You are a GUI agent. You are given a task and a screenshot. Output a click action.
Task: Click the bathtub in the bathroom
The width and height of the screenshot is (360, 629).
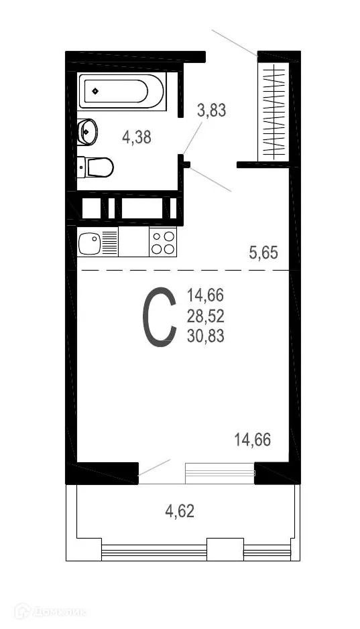click(123, 91)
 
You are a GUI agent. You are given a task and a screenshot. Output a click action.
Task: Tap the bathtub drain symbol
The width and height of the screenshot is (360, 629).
click(96, 91)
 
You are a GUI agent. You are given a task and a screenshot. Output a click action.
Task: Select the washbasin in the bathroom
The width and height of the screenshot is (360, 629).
click(87, 131)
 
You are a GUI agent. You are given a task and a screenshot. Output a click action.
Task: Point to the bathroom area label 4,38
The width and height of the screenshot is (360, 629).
click(136, 137)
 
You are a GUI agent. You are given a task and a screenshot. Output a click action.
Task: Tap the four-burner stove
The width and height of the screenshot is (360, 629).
click(162, 242)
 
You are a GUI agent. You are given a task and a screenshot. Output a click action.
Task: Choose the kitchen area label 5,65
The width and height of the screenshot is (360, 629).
click(263, 253)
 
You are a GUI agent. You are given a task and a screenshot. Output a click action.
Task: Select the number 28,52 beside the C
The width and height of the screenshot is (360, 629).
click(206, 316)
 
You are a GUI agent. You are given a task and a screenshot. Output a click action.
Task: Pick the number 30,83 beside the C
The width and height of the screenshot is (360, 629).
click(206, 336)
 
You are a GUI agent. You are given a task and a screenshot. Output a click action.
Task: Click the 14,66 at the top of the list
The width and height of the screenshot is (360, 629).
click(206, 295)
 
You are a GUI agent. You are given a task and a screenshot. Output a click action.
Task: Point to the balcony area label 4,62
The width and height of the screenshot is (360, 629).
click(180, 512)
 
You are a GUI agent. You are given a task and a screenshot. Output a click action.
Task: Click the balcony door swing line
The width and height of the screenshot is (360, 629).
click(155, 467)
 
